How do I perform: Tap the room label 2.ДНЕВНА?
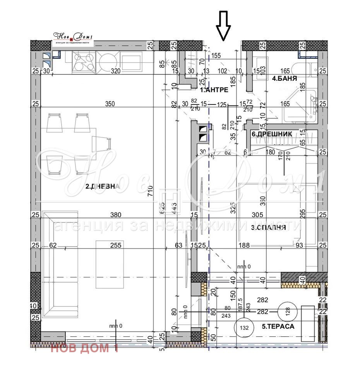click(103, 186)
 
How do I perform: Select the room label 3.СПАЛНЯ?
click(268, 228)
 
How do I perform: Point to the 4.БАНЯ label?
click(285, 79)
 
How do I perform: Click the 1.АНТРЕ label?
click(214, 90)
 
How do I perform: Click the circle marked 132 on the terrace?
click(244, 327)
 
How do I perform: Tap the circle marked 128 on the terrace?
click(287, 310)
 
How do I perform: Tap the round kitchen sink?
click(106, 61)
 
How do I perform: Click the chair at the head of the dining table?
click(101, 144)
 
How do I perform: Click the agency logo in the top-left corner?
click(73, 38)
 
